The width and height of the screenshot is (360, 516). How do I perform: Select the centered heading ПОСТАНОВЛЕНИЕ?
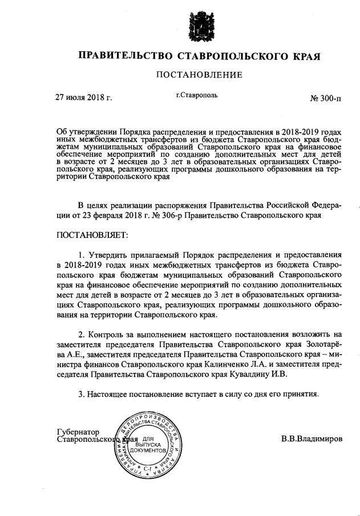[x=200, y=75]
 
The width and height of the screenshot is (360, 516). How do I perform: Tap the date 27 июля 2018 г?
[x=83, y=97]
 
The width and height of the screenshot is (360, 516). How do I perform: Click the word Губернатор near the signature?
[x=78, y=432]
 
